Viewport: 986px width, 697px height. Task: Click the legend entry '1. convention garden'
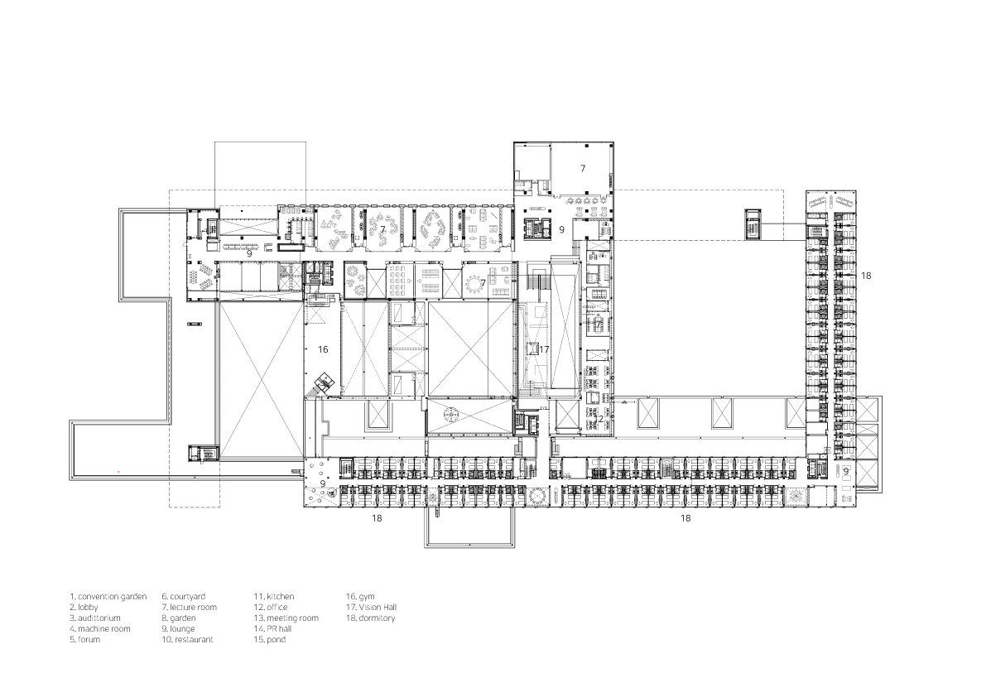[x=108, y=596]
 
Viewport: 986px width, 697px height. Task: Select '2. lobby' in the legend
[x=84, y=607]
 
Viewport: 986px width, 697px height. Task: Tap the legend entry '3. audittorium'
[x=95, y=618]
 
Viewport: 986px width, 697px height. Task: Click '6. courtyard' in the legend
[x=183, y=596]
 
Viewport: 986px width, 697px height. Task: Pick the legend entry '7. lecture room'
[x=189, y=607]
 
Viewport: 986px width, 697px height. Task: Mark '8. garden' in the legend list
[x=178, y=618]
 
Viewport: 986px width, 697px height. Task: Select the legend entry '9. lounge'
[x=178, y=629]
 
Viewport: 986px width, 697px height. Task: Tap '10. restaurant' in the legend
[x=187, y=640]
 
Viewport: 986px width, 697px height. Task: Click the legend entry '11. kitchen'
[x=273, y=596]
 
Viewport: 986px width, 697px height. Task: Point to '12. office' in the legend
[x=271, y=607]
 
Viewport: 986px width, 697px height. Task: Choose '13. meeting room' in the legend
[x=286, y=618]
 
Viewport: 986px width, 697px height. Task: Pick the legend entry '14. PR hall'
[x=272, y=629]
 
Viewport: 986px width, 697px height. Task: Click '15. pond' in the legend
[x=269, y=640]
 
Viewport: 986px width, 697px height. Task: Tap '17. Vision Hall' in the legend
[x=370, y=607]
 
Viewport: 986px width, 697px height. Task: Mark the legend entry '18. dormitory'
[x=370, y=618]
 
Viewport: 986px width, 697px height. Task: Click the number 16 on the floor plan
[x=323, y=350]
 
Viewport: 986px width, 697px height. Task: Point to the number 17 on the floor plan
[x=543, y=350]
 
